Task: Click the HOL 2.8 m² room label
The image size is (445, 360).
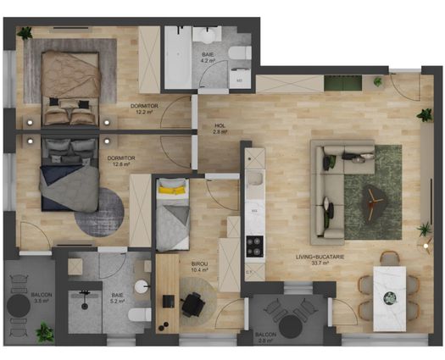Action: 220,129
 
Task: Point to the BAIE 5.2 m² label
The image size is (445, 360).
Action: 116,296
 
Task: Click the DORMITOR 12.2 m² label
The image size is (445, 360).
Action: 142,108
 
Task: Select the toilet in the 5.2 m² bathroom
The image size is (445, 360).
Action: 142,316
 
